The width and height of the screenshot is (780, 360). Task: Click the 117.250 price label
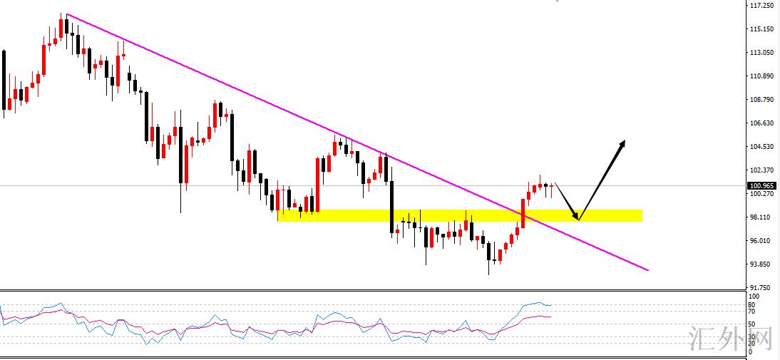pos(762,6)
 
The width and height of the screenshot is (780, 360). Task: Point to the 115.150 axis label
pos(762,29)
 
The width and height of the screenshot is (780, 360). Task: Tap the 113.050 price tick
pos(762,53)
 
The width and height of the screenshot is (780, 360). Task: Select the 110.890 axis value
pos(762,76)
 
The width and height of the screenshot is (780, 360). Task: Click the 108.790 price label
pos(762,100)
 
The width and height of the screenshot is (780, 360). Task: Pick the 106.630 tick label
pos(762,123)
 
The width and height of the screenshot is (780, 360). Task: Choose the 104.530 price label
pos(762,147)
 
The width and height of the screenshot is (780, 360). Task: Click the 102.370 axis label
pos(762,170)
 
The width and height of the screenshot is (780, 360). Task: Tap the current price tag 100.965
pos(762,185)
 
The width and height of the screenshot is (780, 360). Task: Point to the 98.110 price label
pos(762,217)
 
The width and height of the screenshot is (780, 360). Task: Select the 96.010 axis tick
pos(762,241)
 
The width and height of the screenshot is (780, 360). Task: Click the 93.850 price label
pos(762,264)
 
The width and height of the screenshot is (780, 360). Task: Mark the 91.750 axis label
pos(762,288)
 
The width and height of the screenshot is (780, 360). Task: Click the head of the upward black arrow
pos(623,143)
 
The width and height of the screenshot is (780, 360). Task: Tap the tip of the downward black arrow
pos(578,218)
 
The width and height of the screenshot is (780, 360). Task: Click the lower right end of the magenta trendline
pos(647,270)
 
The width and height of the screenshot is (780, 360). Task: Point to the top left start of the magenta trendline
pos(66,14)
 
